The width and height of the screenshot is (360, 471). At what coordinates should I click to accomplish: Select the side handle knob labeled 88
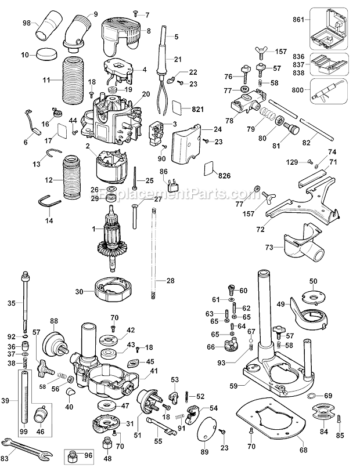tap(56, 338)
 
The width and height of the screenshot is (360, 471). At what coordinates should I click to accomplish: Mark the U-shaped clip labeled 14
tap(51, 201)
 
